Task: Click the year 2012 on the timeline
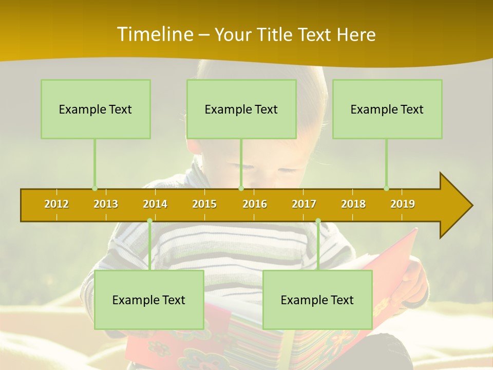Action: (x=56, y=204)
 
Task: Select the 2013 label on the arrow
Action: (x=106, y=204)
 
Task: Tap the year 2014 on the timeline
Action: (x=155, y=204)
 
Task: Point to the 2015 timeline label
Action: (x=204, y=204)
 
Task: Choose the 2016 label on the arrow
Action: (x=255, y=204)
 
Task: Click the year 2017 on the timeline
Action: (x=304, y=204)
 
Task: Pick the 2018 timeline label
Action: (x=353, y=204)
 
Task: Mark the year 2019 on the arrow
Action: (x=403, y=204)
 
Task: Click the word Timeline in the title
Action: (x=154, y=34)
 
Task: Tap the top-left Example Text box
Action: (x=96, y=109)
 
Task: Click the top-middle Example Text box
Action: (x=241, y=109)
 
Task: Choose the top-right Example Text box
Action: (x=387, y=109)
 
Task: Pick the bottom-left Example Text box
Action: (x=149, y=300)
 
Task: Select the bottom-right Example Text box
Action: (x=317, y=300)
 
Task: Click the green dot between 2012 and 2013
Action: (x=94, y=189)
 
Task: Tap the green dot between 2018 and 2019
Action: (x=386, y=189)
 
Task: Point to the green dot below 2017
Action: (x=318, y=221)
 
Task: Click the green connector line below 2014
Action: (x=149, y=247)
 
